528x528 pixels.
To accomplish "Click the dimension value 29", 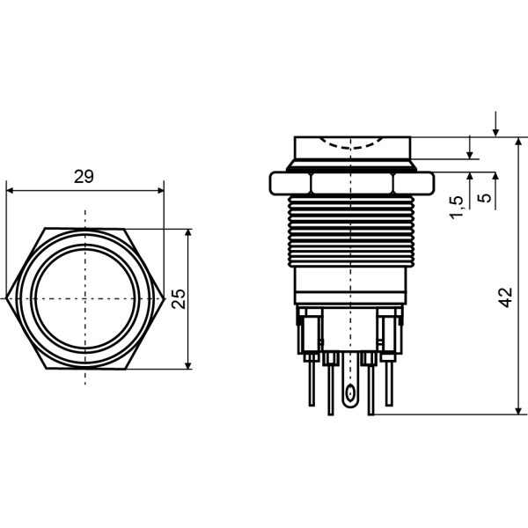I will click(84, 177).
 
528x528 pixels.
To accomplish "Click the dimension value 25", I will click(179, 298).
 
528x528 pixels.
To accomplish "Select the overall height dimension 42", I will click(505, 297).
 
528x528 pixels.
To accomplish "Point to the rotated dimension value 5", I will click(484, 199).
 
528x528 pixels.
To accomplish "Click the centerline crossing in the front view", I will click(84, 299).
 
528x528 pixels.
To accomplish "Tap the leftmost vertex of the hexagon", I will click(5, 299).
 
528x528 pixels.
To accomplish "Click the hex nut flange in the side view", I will click(351, 183).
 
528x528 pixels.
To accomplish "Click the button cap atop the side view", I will click(351, 147).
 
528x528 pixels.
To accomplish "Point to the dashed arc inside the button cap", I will click(351, 142).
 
